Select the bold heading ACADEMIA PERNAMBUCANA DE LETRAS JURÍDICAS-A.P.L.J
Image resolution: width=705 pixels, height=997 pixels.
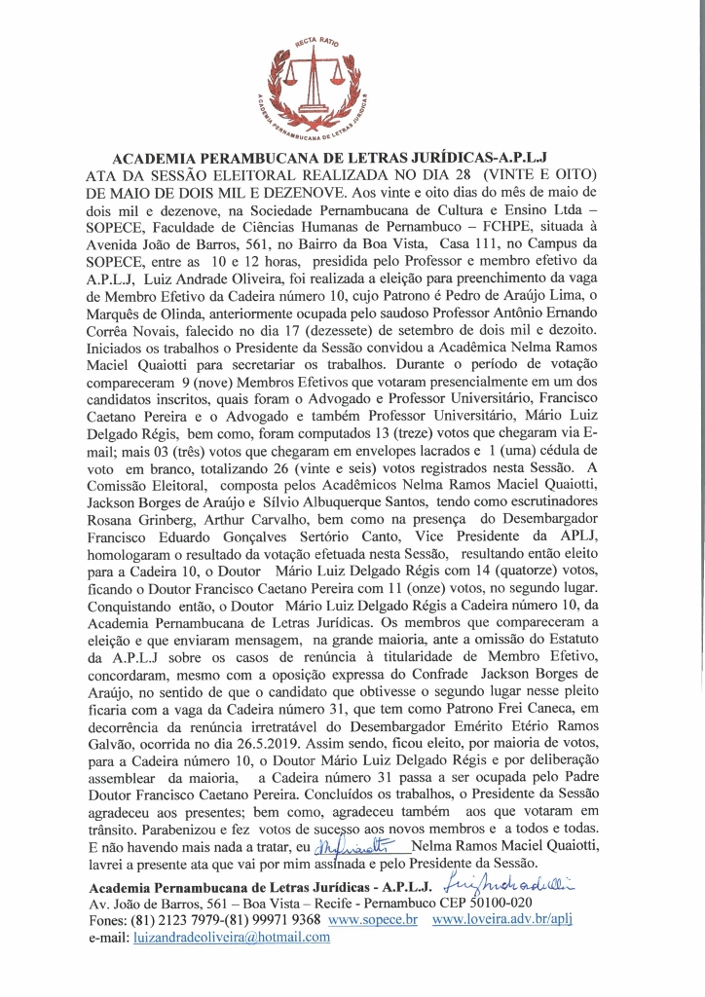click(x=331, y=157)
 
